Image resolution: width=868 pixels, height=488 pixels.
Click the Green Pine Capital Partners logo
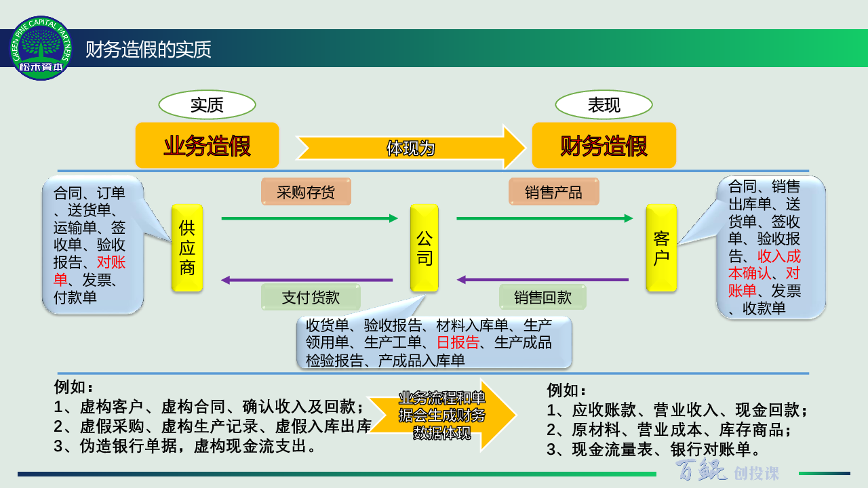[41, 48]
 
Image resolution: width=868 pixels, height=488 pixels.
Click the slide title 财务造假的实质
[148, 49]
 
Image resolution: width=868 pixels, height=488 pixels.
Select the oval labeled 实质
[207, 105]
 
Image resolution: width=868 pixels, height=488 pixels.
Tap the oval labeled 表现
[604, 105]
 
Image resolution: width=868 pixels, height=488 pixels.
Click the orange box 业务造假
[208, 146]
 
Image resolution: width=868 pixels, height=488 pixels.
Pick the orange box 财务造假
[604, 146]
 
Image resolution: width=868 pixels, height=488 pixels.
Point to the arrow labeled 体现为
[411, 148]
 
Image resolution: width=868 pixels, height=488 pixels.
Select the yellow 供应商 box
[187, 248]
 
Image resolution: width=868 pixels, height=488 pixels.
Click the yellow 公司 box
[425, 248]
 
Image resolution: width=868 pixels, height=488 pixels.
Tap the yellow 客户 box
[661, 248]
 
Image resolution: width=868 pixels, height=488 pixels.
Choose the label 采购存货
[306, 192]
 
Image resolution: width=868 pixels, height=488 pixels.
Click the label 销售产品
[554, 192]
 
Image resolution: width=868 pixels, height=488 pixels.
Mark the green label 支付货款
[311, 297]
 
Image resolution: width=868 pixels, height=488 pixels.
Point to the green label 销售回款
[542, 297]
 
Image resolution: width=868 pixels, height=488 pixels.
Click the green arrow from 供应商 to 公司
[310, 218]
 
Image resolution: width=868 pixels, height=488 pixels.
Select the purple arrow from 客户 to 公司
[542, 280]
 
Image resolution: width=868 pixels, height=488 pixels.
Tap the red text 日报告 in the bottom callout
[458, 342]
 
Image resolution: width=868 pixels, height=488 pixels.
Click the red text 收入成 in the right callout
[779, 256]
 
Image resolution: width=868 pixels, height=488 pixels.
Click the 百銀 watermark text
[701, 470]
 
